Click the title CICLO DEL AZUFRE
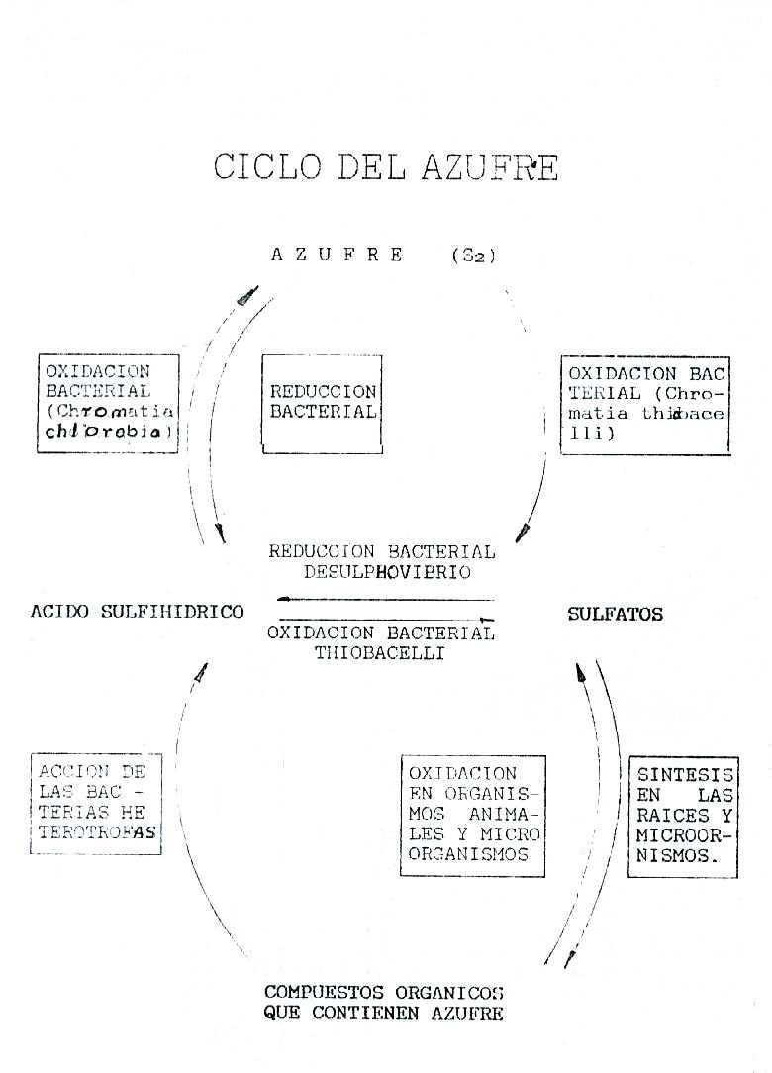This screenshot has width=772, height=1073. click(x=385, y=166)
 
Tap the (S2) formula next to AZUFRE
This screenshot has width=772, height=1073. click(x=473, y=255)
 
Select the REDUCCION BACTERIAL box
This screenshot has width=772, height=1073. click(x=323, y=403)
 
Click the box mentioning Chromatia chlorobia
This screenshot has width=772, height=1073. click(x=109, y=403)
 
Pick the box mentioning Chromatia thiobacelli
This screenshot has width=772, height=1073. click(x=645, y=405)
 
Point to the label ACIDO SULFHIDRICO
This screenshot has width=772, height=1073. click(x=137, y=612)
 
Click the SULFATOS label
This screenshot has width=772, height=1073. click(x=615, y=615)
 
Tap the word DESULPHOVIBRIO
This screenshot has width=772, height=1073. click(x=381, y=572)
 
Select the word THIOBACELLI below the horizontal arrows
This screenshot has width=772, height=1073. click(x=380, y=654)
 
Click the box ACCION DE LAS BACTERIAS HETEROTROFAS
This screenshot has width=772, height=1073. click(x=96, y=803)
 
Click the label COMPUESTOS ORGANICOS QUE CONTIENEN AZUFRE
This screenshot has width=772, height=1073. click(x=384, y=1002)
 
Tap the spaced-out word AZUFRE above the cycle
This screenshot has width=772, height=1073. click(x=337, y=255)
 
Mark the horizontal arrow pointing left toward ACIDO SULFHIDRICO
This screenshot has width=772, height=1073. click(x=385, y=600)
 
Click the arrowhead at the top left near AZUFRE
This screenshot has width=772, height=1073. click(x=247, y=295)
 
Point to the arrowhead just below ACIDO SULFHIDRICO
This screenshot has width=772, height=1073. click(x=202, y=672)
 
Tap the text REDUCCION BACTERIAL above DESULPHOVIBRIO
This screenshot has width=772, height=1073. click(x=381, y=552)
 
